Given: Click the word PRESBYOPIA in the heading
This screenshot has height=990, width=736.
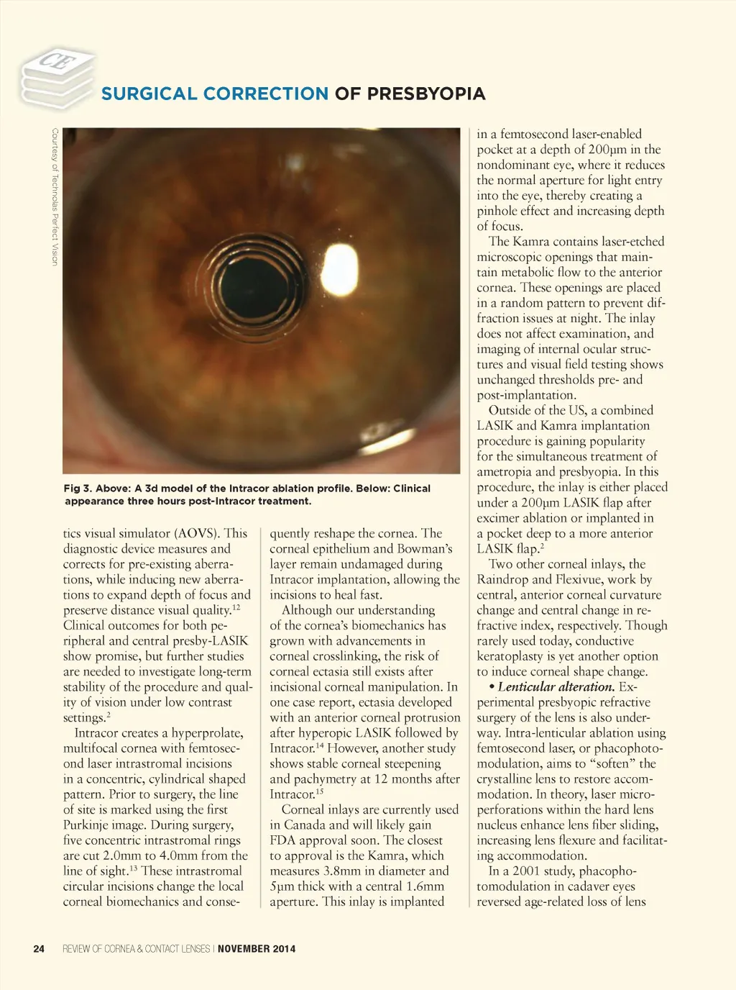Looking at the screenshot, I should pyautogui.click(x=426, y=94).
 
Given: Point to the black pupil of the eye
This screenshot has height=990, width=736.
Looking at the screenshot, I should pyautogui.click(x=253, y=281).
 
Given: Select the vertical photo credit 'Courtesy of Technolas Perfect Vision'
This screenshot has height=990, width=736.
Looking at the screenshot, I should pyautogui.click(x=55, y=196).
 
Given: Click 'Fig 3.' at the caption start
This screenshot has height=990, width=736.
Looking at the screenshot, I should pyautogui.click(x=78, y=489).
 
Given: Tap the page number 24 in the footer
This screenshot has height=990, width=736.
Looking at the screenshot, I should pyautogui.click(x=39, y=949).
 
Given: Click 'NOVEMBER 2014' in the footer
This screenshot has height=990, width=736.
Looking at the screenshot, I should pyautogui.click(x=257, y=949).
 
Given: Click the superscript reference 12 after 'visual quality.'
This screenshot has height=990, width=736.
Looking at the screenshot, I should pyautogui.click(x=236, y=607).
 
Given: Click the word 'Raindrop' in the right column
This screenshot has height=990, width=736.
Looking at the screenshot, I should pyautogui.click(x=503, y=580).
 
